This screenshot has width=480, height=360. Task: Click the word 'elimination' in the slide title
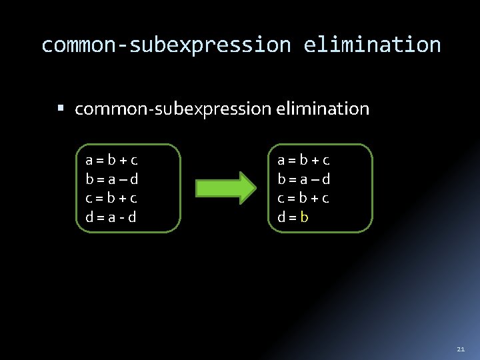coord(372,45)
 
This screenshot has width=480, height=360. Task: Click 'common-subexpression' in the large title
coord(166,45)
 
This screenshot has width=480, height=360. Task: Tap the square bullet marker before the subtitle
coord(61,107)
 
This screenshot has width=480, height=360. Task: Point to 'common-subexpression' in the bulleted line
coord(171,109)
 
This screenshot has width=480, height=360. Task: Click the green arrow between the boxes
coord(225,187)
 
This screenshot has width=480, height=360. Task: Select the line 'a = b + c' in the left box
coord(112,160)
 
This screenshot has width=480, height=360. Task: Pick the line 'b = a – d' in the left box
coord(112,179)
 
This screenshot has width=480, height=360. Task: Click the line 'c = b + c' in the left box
coord(112,198)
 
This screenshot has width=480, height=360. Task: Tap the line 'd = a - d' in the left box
coord(111,217)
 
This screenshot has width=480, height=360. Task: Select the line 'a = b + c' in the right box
coord(304,160)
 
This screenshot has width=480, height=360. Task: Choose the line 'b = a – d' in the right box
coord(304,179)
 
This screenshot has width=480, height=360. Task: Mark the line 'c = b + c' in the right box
coord(304,198)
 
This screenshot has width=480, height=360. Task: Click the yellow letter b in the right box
coord(304,217)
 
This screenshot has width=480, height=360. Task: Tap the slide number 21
coord(461,349)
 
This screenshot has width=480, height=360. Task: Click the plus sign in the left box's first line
coord(123,161)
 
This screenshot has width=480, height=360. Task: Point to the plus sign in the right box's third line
coord(315,199)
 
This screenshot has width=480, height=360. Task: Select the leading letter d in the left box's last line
coord(89,217)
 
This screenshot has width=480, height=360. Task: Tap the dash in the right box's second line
coord(315,179)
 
